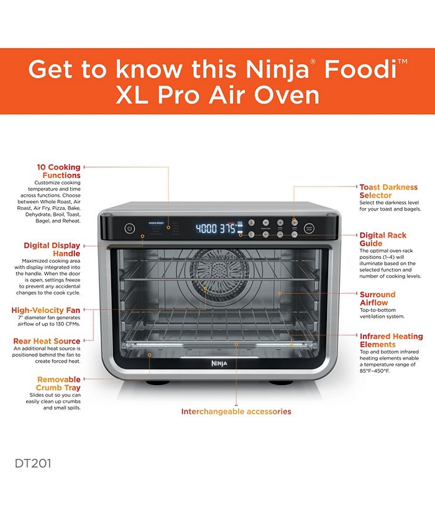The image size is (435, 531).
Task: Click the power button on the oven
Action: tap(129, 228)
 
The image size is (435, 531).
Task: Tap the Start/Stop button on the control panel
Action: tap(309, 228)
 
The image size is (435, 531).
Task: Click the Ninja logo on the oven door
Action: tap(217, 364)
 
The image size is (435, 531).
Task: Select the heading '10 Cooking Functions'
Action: tap(58, 171)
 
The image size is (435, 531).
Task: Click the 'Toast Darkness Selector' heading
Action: tap(388, 191)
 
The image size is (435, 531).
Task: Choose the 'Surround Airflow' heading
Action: tap(377, 298)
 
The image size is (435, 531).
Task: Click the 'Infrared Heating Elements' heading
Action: tap(391, 340)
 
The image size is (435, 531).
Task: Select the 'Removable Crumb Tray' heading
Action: tap(58, 383)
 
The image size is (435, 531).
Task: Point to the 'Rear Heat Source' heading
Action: tap(47, 341)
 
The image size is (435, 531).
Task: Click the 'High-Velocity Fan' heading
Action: tap(46, 310)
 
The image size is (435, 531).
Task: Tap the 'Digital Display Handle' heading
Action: tap(52, 249)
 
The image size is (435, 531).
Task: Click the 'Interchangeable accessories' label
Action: tap(236, 411)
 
